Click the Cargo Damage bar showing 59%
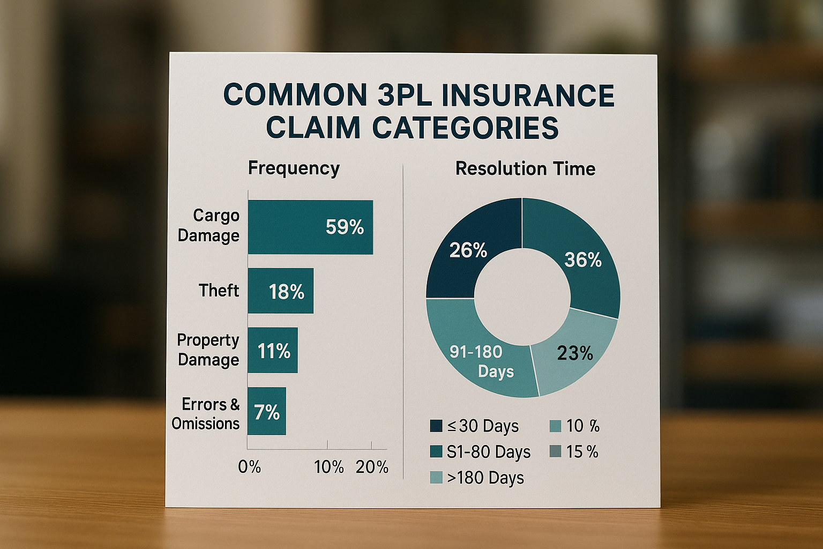[310, 227]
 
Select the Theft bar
[280, 291]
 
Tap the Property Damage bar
[272, 350]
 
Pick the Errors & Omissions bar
[266, 411]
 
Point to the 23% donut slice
[573, 351]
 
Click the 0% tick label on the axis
[249, 467]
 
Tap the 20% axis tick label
[372, 467]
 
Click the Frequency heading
[294, 168]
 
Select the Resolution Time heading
[525, 169]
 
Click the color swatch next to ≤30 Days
[436, 426]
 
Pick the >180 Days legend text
[485, 478]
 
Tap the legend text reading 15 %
[582, 452]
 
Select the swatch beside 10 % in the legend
[556, 426]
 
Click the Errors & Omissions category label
[206, 413]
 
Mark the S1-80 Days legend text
[488, 452]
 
